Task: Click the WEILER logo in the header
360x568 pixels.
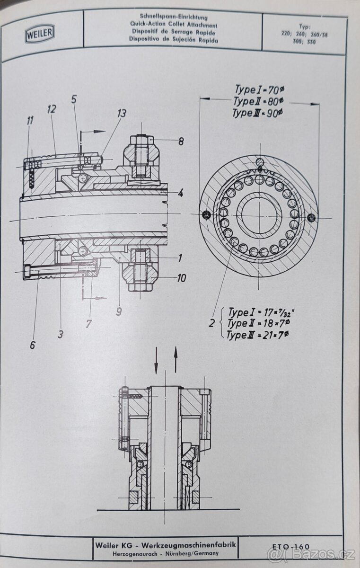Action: [x=41, y=33]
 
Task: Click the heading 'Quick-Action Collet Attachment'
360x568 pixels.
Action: [x=173, y=25]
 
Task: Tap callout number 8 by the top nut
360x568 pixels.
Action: [x=181, y=141]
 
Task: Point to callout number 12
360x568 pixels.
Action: [x=52, y=109]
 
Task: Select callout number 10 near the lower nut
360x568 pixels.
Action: [x=182, y=278]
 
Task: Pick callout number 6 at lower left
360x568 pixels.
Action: [x=32, y=345]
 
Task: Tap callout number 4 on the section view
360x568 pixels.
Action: [x=181, y=193]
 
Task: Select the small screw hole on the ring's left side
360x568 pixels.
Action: [x=206, y=215]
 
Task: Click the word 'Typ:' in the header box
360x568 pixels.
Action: [x=305, y=27]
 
